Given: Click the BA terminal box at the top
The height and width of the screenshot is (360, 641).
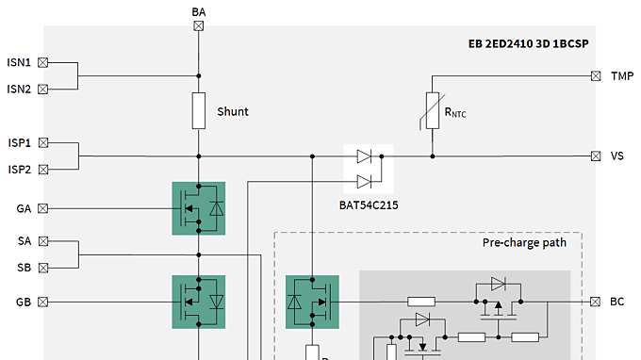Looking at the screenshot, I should coord(198,26).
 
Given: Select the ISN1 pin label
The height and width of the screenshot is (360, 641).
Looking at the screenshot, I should coord(19,63).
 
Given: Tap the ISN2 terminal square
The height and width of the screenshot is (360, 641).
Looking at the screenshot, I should coord(43,90).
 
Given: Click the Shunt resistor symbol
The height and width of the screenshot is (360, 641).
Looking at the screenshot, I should coord(198,110).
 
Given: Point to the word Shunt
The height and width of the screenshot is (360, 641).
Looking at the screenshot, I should coord(233,111).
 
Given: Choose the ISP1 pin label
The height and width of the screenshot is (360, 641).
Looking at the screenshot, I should coord(19,143).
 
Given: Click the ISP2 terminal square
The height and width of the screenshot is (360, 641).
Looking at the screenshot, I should coord(43,170).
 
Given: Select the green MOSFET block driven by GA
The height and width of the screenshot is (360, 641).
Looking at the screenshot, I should coord(198,207).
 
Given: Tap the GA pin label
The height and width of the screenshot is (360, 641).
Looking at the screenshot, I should coord(24,208).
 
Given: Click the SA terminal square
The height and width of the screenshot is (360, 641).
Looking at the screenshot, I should coord(43,241).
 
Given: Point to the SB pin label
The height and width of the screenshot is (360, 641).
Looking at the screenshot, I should coord(24,268).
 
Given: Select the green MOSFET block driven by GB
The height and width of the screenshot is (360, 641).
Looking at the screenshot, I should coord(198,302).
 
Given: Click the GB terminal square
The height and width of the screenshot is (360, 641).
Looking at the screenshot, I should coord(43,302).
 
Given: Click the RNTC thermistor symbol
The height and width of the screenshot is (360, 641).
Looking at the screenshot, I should coord(433,110).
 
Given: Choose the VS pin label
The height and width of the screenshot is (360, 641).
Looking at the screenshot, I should coord(616,156).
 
